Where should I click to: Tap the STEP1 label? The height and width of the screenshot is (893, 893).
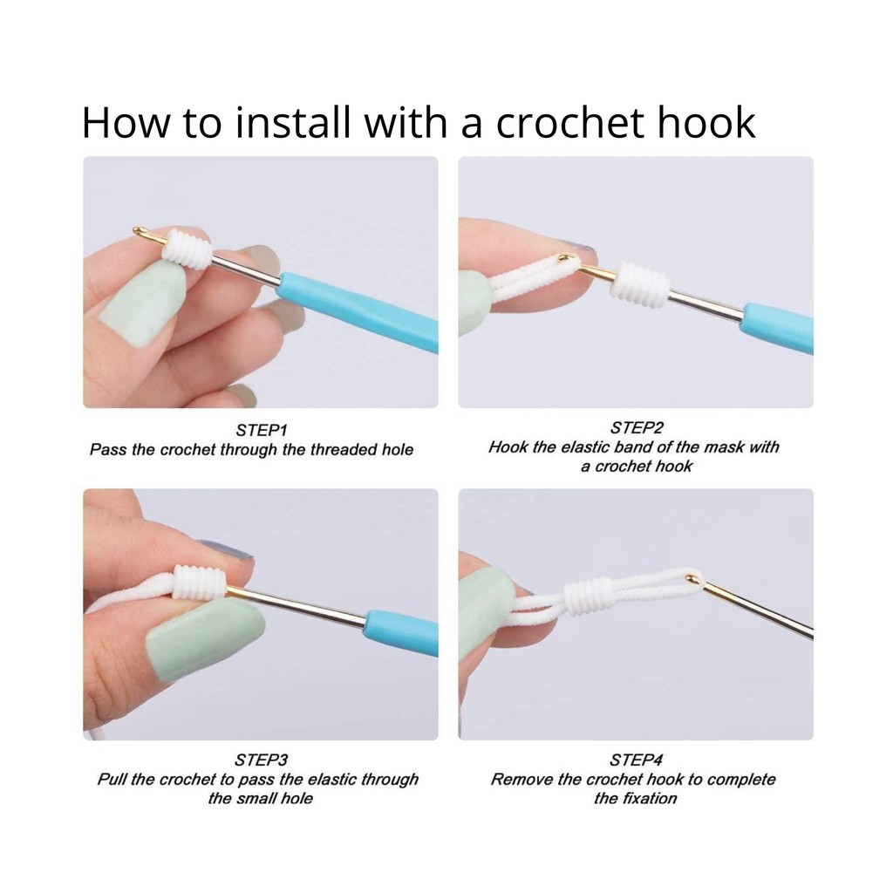[x=262, y=430]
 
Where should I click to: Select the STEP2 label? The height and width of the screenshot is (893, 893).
[x=637, y=427]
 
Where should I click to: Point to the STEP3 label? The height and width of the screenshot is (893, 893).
[x=262, y=760]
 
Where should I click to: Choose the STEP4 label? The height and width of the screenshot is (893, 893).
[x=636, y=760]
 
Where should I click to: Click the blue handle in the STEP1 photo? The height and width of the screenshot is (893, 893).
[x=358, y=310]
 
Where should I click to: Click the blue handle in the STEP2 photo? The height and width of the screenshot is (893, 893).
[x=778, y=328]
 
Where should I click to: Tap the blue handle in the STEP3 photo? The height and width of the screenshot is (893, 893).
[x=402, y=632]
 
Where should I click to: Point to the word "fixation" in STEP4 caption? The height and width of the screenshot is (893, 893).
[x=649, y=798]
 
